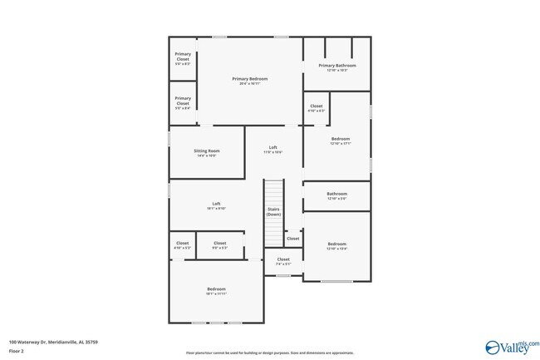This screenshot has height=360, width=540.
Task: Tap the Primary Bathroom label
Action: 337,67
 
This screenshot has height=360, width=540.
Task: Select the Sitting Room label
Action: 205,153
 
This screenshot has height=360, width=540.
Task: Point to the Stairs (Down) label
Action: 273,212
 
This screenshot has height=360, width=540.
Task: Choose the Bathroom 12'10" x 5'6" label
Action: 336,196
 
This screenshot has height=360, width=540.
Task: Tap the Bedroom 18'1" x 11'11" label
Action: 216,292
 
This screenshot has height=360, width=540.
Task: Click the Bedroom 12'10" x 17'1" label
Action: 340,141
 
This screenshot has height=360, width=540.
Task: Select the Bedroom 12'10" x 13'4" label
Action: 336,245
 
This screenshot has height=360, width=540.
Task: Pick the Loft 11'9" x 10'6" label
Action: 272,150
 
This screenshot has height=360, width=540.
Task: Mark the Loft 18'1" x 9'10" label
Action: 216,206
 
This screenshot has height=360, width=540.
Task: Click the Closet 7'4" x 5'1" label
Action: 283,262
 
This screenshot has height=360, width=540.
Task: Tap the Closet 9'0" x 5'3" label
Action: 219,245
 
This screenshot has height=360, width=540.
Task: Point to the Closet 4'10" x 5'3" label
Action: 183,245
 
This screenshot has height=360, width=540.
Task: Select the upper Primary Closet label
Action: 183,57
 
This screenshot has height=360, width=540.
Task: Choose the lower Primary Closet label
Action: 183,102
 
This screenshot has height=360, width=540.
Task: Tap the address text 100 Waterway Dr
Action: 52,342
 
